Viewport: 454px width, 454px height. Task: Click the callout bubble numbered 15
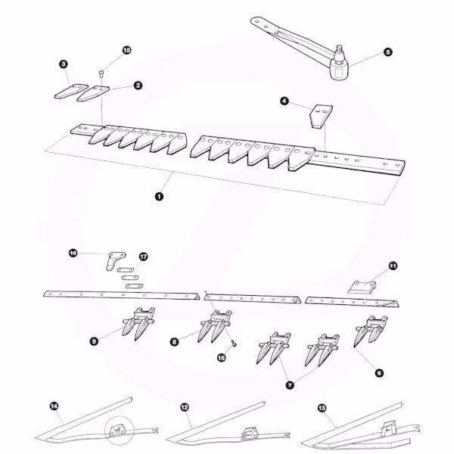[126, 50]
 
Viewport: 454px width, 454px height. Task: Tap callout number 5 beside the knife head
[387, 52]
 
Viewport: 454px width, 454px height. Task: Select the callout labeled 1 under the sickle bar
[159, 196]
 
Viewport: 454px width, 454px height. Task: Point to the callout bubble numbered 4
[285, 101]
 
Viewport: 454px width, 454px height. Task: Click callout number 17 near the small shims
[143, 257]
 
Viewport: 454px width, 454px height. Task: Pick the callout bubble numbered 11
[393, 266]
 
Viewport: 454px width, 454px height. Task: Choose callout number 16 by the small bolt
[221, 358]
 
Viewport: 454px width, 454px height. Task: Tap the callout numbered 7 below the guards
[290, 385]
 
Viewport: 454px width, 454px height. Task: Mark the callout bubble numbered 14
[54, 406]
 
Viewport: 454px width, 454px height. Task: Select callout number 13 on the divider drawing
[322, 408]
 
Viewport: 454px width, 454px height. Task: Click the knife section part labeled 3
[71, 92]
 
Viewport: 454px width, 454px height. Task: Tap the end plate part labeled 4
[322, 116]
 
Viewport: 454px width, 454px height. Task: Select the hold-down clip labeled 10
[116, 260]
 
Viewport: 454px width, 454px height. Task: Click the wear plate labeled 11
[362, 287]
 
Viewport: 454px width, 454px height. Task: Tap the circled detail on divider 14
[120, 431]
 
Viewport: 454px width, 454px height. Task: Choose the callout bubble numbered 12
[185, 407]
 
